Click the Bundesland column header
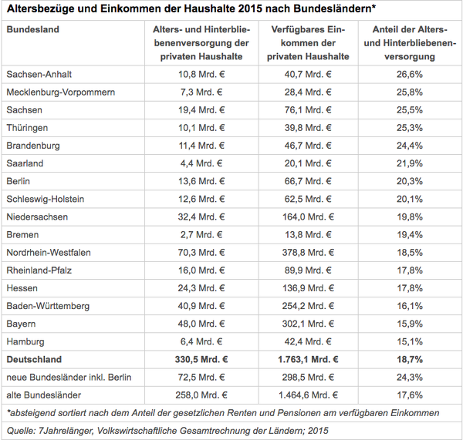pyautogui.click(x=32, y=29)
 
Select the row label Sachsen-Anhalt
pyautogui.click(x=39, y=74)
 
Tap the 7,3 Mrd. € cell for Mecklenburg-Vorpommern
pyautogui.click(x=201, y=92)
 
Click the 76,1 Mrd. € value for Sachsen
pyautogui.click(x=308, y=110)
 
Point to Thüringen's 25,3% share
pyautogui.click(x=410, y=128)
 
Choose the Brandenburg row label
pyautogui.click(x=33, y=146)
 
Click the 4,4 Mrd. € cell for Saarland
pyautogui.click(x=201, y=163)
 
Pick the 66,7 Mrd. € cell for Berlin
pyautogui.click(x=308, y=181)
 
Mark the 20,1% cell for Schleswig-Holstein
pyautogui.click(x=410, y=199)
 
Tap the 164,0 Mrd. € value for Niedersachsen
pyautogui.click(x=308, y=217)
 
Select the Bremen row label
pyautogui.click(x=22, y=235)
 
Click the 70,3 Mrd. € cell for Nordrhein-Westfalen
pyautogui.click(x=201, y=253)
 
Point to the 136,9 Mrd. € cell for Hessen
pyautogui.click(x=308, y=288)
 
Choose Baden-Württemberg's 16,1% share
pyautogui.click(x=410, y=306)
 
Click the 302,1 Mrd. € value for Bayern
pyautogui.click(x=308, y=324)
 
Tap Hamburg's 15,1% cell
pyautogui.click(x=410, y=341)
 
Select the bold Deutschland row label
pyautogui.click(x=34, y=360)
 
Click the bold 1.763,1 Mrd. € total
pyautogui.click(x=308, y=360)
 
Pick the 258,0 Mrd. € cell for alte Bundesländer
pyautogui.click(x=201, y=395)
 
